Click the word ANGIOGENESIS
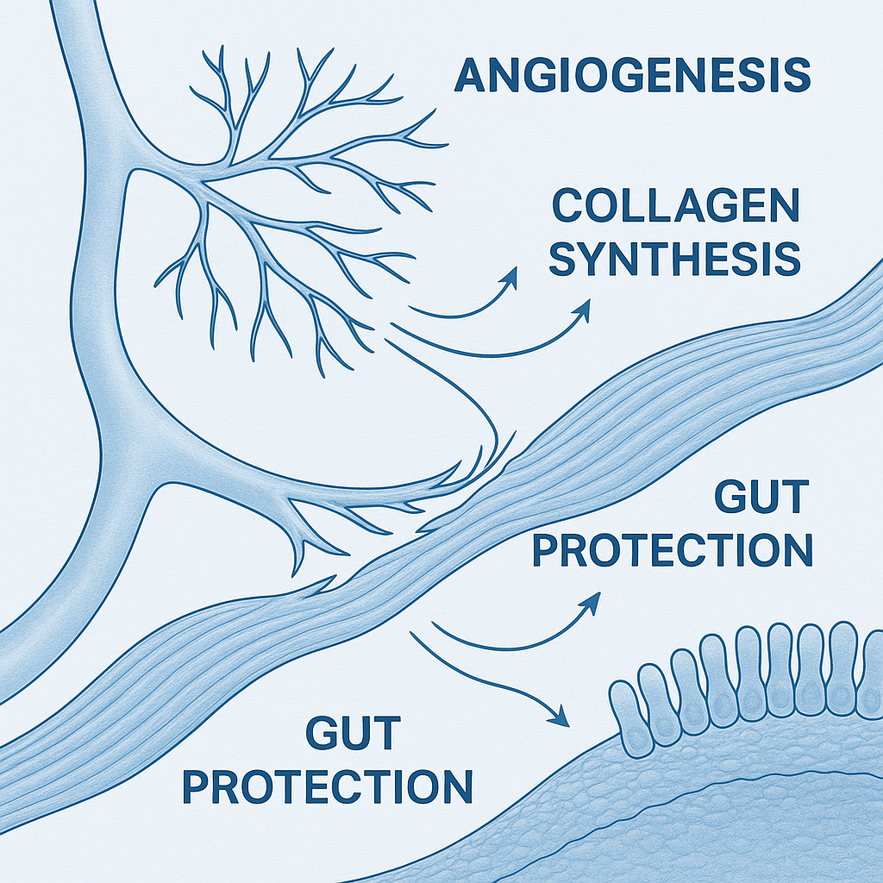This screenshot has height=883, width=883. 632,75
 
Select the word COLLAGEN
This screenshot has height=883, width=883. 675,207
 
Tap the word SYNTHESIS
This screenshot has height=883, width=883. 675,258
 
